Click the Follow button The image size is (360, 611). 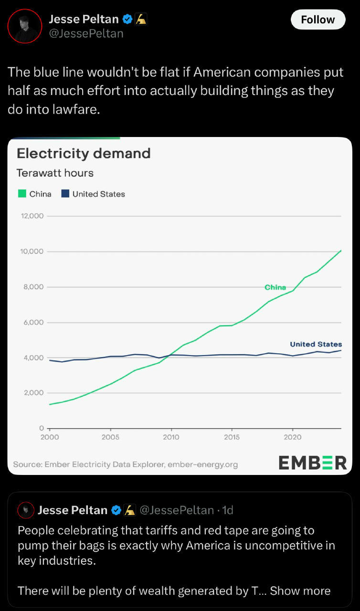(318, 20)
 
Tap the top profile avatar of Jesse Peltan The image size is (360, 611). (25, 26)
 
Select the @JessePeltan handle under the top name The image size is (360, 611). (86, 33)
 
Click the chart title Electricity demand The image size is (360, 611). (84, 153)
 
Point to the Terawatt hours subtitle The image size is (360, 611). (55, 173)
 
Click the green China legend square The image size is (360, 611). (22, 194)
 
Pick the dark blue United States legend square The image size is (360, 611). (65, 194)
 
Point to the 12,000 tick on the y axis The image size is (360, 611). (32, 216)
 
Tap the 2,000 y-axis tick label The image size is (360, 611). (33, 393)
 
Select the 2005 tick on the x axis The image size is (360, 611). (110, 437)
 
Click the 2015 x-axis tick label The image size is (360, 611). (232, 437)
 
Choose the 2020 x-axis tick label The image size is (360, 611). (292, 437)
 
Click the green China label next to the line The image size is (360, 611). (275, 287)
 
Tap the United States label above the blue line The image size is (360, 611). (316, 344)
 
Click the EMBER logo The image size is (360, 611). (313, 463)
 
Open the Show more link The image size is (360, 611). (300, 591)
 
